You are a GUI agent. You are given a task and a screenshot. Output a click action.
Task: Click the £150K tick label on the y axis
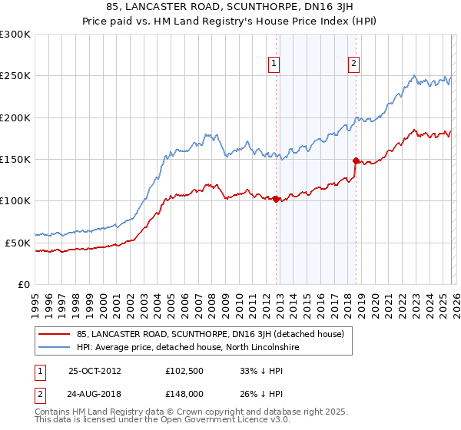[15, 160]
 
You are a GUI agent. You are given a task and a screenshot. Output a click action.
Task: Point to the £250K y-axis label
[15, 76]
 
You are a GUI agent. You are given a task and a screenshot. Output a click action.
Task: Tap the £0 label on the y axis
[22, 284]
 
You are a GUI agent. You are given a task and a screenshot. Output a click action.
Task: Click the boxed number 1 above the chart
[274, 64]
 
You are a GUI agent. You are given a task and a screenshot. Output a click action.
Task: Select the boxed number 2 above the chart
[353, 64]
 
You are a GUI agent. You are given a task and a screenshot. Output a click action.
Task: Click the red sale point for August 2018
[356, 160]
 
